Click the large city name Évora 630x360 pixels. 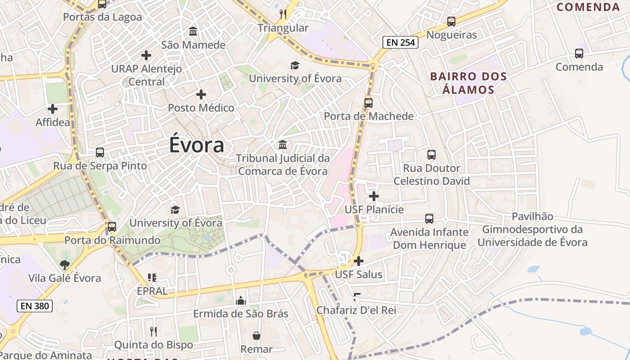[x=197, y=145]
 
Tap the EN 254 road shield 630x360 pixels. [x=400, y=43]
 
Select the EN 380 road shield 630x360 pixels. [x=35, y=306]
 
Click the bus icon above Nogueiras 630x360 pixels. [x=451, y=21]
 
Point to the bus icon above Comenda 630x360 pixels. [x=579, y=54]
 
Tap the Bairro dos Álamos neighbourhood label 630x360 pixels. [x=468, y=83]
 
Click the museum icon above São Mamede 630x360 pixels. [x=193, y=31]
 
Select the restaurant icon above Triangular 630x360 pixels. [x=283, y=14]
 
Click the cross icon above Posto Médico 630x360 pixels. [x=201, y=94]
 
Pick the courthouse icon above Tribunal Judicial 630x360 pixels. [x=283, y=145]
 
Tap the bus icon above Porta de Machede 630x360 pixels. [x=369, y=103]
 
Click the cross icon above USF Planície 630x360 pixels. [x=374, y=196]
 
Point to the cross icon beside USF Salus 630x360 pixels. [x=359, y=261]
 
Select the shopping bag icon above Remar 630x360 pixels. [x=256, y=336]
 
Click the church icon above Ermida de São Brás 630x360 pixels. [x=241, y=300]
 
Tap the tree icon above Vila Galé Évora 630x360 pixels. [x=65, y=265]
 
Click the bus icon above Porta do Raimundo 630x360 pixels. [x=112, y=227]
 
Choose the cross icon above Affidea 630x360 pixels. [x=53, y=109]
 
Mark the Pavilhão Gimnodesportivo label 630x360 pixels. [x=532, y=229]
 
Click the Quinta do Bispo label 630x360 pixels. [x=153, y=345]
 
